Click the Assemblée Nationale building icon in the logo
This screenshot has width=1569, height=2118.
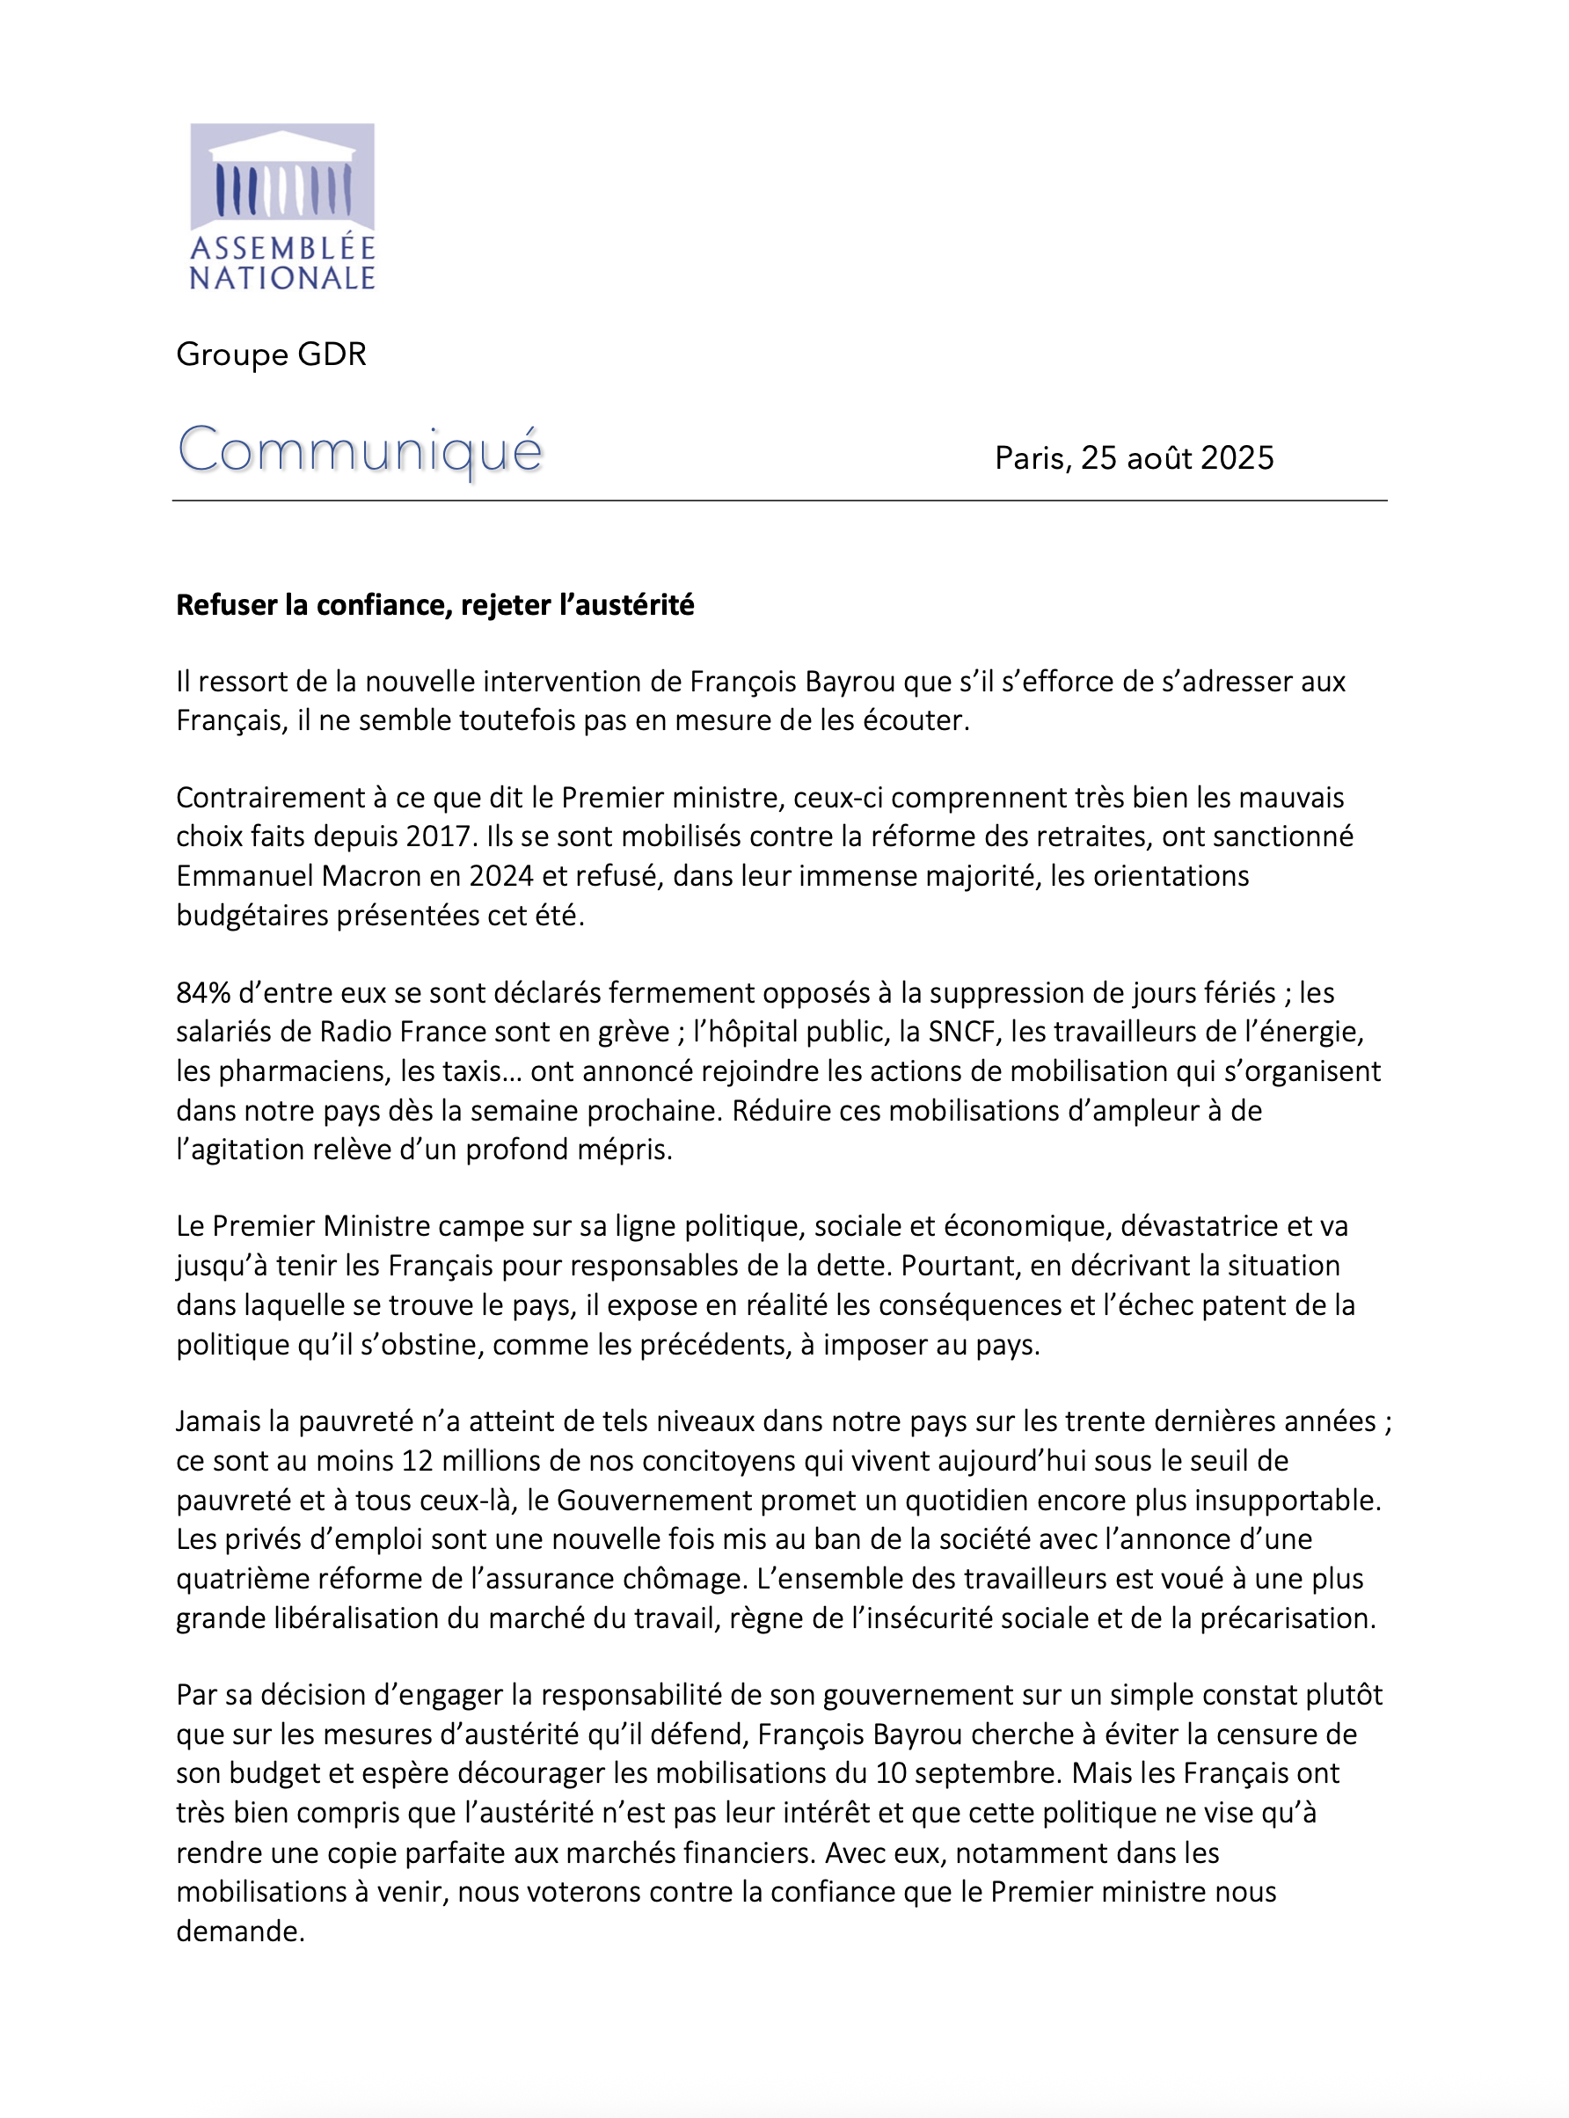pyautogui.click(x=282, y=176)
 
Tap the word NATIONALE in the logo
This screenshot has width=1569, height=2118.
pyautogui.click(x=282, y=278)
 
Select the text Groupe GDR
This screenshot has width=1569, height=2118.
pyautogui.click(x=271, y=354)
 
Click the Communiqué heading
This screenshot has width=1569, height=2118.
pyautogui.click(x=360, y=450)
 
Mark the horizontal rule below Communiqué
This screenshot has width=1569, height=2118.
pyautogui.click(x=779, y=500)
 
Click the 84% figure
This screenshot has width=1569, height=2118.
pyautogui.click(x=203, y=992)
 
